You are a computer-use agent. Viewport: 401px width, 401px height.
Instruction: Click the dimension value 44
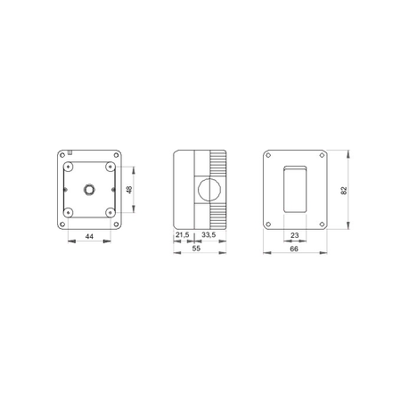pos(89,236)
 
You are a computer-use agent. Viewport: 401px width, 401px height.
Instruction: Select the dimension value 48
pos(129,190)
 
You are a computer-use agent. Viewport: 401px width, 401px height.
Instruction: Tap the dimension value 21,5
pos(182,235)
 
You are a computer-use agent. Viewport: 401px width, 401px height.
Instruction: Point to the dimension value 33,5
pos(209,235)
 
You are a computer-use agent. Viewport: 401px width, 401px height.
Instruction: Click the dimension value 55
pos(196,249)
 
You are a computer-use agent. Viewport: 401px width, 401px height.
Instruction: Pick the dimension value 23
pos(294,235)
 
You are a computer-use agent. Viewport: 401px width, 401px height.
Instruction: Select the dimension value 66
pos(294,249)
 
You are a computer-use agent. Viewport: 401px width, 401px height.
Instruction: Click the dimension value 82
pos(344,191)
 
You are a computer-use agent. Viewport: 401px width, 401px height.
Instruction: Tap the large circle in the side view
pos(209,189)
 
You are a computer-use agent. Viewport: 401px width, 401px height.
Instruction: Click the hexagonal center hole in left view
pos(89,189)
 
